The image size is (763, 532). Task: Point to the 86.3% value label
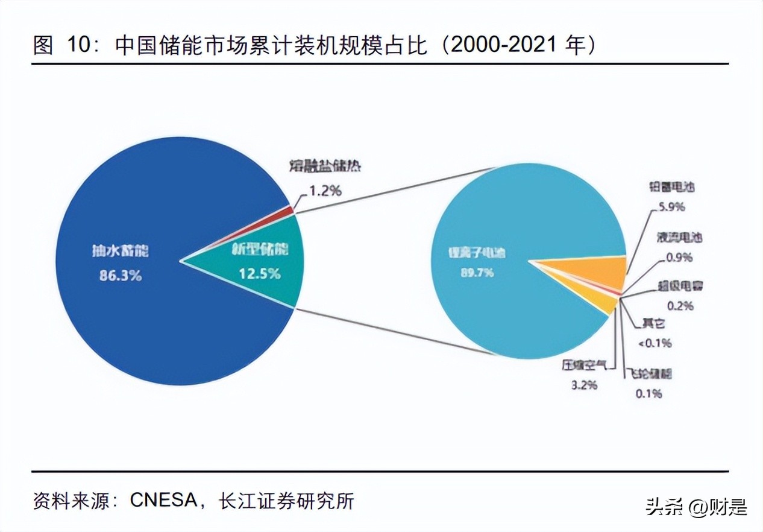[121, 276]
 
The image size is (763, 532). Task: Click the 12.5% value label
[259, 273]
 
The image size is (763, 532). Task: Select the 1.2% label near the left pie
[325, 192]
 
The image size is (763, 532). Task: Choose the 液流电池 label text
[679, 238]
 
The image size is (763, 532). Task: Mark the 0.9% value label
[679, 258]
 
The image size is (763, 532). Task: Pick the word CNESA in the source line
[163, 500]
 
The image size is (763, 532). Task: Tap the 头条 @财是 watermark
[697, 507]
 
